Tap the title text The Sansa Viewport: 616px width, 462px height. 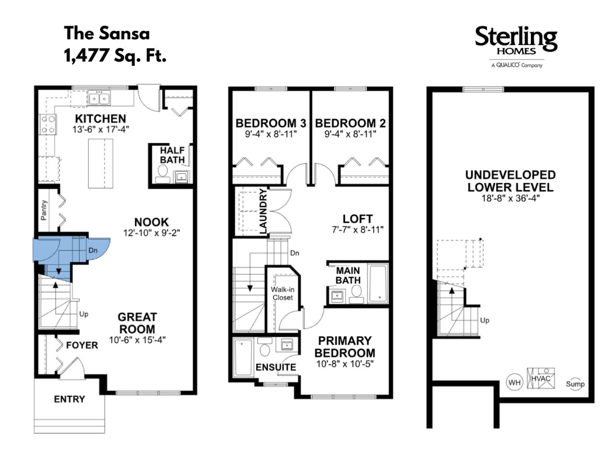(x=107, y=33)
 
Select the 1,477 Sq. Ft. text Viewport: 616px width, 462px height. (x=115, y=55)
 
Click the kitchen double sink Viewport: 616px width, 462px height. (x=99, y=99)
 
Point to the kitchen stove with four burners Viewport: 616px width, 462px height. (x=48, y=125)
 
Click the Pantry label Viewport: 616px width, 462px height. (x=44, y=210)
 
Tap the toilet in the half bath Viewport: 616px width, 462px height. (x=163, y=174)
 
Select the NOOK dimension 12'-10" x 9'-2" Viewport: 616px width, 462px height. (x=152, y=233)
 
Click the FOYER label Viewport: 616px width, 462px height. (x=82, y=346)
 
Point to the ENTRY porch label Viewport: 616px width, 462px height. (x=69, y=399)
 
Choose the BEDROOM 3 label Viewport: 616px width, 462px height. (x=270, y=123)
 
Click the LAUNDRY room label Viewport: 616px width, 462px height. (x=263, y=211)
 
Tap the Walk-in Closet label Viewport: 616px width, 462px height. (x=282, y=294)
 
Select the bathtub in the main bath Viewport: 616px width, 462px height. (x=378, y=283)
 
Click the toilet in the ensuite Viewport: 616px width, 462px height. (x=265, y=346)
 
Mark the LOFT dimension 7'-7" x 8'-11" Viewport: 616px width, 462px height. (x=358, y=230)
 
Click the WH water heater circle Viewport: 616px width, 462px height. (x=514, y=383)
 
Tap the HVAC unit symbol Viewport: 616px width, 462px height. (x=541, y=378)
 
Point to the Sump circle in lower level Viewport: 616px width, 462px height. (x=575, y=384)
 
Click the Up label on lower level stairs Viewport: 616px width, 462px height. (x=485, y=320)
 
